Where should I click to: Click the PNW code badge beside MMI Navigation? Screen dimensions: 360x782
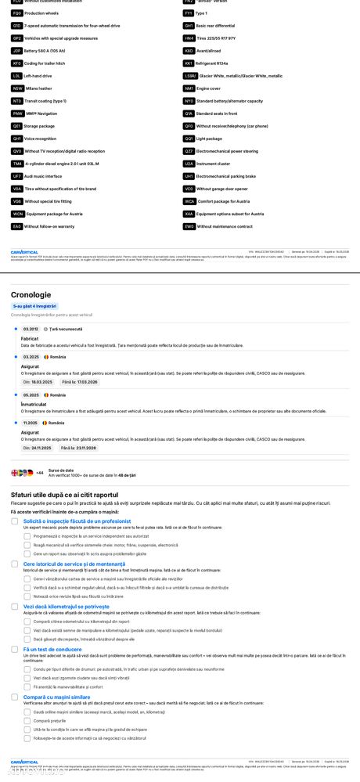17,113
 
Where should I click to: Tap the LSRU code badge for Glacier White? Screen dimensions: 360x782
189,75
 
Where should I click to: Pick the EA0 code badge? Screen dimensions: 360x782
17,226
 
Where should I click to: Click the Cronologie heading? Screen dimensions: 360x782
31,294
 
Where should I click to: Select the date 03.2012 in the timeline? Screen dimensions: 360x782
31,329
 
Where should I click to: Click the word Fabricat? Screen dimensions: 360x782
30,338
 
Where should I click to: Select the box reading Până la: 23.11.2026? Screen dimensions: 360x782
78,448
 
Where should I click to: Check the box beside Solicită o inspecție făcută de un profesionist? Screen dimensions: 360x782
15,521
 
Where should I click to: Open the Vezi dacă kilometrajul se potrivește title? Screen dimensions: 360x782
67,606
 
